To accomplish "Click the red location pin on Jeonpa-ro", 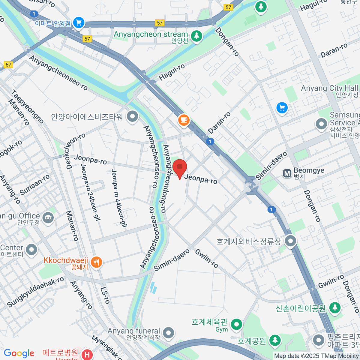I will (x=179, y=168).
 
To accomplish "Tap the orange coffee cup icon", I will (x=184, y=120).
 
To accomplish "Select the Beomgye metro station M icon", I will (x=287, y=173).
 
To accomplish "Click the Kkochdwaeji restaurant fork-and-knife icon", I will (x=96, y=262).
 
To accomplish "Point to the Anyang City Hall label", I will (x=329, y=88).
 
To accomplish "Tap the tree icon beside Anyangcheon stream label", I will (x=196, y=36).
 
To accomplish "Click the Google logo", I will (x=19, y=353).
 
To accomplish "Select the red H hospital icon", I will (x=87, y=355).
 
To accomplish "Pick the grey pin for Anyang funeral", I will (x=169, y=332).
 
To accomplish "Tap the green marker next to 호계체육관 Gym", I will (x=237, y=324).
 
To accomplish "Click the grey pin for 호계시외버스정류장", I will (x=290, y=241).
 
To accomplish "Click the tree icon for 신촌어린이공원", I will (x=335, y=307).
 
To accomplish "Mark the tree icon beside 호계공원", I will (x=275, y=340).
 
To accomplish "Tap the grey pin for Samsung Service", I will (x=321, y=124).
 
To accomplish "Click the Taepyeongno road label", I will (x=27, y=106).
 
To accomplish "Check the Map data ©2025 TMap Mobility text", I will (x=316, y=356).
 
